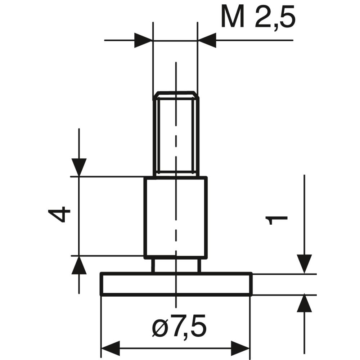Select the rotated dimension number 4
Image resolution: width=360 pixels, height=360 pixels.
pyautogui.click(x=59, y=214)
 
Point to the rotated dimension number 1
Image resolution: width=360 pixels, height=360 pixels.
pyautogui.click(x=276, y=220)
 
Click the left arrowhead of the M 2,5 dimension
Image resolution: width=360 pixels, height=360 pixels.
pyautogui.click(x=143, y=40)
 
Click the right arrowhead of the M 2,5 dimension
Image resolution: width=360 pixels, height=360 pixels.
pyautogui.click(x=207, y=40)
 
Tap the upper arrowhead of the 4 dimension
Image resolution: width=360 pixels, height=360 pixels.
pyautogui.click(x=79, y=167)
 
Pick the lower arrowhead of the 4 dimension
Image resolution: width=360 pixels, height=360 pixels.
pyautogui.click(x=79, y=265)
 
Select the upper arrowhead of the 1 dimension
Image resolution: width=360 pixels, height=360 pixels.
pyautogui.click(x=304, y=264)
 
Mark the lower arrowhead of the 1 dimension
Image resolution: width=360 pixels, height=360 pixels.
pyautogui.click(x=304, y=303)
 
